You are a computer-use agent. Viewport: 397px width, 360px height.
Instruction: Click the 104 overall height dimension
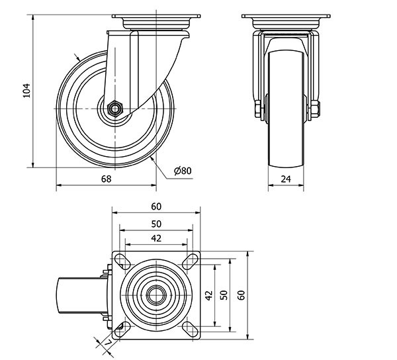click(27, 91)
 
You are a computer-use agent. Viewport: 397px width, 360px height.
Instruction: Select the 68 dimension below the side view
click(107, 179)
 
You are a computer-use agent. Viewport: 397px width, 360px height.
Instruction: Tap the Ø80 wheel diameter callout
click(182, 171)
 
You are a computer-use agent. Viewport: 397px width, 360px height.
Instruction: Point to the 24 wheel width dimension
click(287, 179)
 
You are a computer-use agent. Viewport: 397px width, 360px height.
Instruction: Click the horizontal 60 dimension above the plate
click(155, 206)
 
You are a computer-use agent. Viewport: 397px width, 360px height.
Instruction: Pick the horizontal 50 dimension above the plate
click(155, 224)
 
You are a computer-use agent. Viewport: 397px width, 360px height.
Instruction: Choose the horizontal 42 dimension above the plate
click(155, 238)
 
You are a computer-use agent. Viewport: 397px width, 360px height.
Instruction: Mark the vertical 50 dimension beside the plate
click(224, 295)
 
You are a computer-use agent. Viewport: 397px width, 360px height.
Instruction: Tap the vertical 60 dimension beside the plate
click(242, 295)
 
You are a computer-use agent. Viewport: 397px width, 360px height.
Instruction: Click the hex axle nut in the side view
click(114, 108)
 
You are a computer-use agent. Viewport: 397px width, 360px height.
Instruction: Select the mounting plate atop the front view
click(287, 17)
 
